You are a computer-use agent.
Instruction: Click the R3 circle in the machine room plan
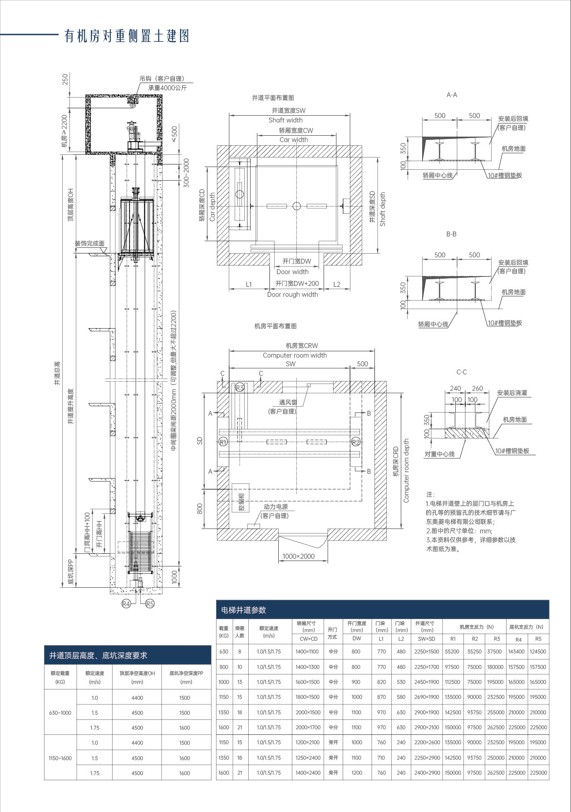[240, 387]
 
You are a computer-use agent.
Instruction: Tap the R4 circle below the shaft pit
[126, 603]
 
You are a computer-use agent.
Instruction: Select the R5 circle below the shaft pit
[150, 603]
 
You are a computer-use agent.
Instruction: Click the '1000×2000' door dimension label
[298, 556]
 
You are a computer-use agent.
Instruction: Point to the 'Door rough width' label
[292, 294]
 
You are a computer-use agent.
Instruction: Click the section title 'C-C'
[461, 372]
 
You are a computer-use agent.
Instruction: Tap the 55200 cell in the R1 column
[452, 651]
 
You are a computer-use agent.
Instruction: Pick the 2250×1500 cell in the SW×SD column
[427, 651]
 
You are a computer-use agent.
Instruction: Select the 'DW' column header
[357, 638]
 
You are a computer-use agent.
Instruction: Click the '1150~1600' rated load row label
[60, 758]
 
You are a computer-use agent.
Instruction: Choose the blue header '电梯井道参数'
[243, 610]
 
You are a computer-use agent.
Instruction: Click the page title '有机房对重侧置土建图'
[127, 36]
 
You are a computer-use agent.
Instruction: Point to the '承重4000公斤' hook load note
[167, 88]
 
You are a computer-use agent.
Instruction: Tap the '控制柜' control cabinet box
[241, 502]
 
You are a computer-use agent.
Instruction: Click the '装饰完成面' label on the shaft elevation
[89, 244]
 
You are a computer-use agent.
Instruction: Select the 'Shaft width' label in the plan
[285, 120]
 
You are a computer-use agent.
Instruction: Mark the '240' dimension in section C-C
[455, 388]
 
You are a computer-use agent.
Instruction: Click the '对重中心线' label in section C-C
[439, 454]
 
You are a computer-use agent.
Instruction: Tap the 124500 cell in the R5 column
[538, 651]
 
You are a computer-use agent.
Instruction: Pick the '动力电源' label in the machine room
[276, 507]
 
